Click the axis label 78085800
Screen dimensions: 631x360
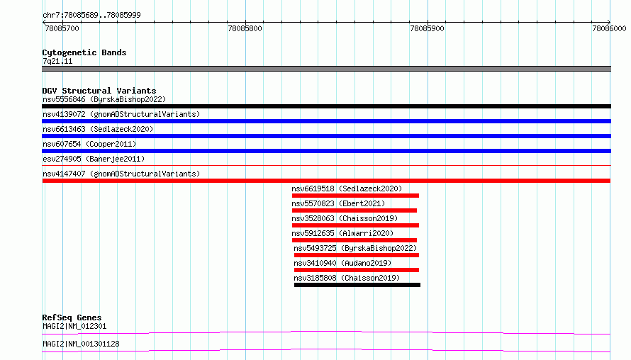pyautogui.click(x=245, y=28)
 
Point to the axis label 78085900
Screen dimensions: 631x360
pyautogui.click(x=427, y=28)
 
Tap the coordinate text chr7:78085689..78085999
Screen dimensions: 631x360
pyautogui.click(x=91, y=15)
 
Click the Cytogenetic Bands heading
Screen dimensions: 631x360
pyautogui.click(x=84, y=52)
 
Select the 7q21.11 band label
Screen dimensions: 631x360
pyautogui.click(x=57, y=61)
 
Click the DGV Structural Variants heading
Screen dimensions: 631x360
pyautogui.click(x=99, y=91)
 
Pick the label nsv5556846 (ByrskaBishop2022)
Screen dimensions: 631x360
pyautogui.click(x=104, y=99)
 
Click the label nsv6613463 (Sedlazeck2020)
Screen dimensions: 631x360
pyautogui.click(x=98, y=129)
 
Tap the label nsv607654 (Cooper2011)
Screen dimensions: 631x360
pyautogui.click(x=89, y=144)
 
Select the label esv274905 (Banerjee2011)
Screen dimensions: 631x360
pyautogui.click(x=94, y=159)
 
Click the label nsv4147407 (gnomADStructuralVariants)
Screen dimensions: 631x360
pyautogui.click(x=121, y=174)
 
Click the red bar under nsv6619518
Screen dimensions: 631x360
pyautogui.click(x=355, y=196)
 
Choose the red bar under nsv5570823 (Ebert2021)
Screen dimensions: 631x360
pyautogui.click(x=354, y=210)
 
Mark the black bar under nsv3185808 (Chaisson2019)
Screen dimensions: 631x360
pyautogui.click(x=357, y=285)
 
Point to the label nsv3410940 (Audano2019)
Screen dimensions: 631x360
pyautogui.click(x=342, y=263)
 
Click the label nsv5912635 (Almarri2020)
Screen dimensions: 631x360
pyautogui.click(x=342, y=233)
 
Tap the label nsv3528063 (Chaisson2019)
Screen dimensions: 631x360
pyautogui.click(x=345, y=218)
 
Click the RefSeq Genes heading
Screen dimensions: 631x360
pyautogui.click(x=72, y=317)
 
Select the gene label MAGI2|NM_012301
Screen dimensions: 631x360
pyautogui.click(x=74, y=326)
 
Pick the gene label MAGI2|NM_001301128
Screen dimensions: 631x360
pyautogui.click(x=81, y=344)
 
